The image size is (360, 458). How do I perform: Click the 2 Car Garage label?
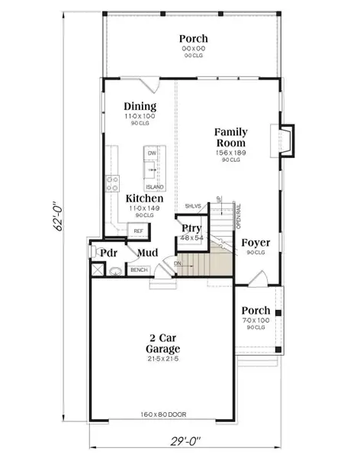[x=165, y=343]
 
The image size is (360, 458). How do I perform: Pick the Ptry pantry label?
[x=190, y=228]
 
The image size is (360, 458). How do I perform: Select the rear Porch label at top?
[x=194, y=38]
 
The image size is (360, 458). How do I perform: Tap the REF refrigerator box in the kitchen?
[x=138, y=231]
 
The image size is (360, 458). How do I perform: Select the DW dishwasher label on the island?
[x=151, y=153]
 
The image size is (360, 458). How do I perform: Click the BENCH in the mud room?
[x=138, y=270]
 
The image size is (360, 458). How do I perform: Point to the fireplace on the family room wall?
[x=286, y=140]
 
